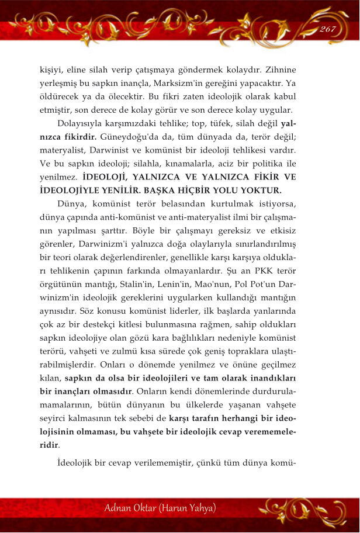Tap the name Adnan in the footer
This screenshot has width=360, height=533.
click(x=121, y=506)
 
